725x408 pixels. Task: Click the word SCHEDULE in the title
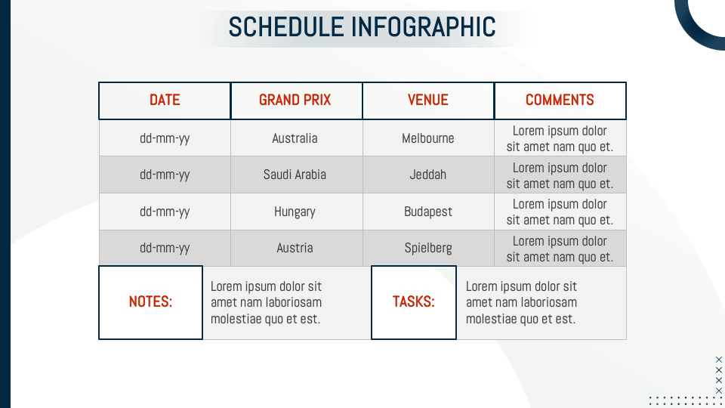[287, 27]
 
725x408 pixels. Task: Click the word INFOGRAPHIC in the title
[424, 27]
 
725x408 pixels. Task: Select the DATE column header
[165, 100]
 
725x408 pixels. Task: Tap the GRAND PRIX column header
[296, 100]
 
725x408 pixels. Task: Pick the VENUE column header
[428, 100]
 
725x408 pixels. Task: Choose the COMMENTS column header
[560, 100]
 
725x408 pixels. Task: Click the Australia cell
[296, 138]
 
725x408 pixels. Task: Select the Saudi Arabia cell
[296, 175]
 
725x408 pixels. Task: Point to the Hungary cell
[296, 212]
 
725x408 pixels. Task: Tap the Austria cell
[296, 248]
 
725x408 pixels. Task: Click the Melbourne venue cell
[428, 138]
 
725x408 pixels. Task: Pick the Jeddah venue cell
[428, 175]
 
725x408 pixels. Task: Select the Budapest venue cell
[428, 212]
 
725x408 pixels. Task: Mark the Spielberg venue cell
[428, 248]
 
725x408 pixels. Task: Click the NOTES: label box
[150, 302]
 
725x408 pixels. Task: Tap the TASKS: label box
[413, 302]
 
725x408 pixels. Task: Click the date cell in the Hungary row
[165, 212]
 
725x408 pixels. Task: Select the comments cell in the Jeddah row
[560, 175]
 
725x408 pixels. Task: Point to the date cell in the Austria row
[165, 248]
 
